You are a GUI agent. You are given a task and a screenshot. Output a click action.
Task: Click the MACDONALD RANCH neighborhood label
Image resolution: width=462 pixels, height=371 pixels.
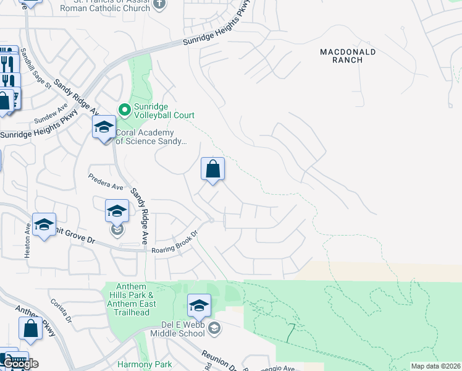[348, 57]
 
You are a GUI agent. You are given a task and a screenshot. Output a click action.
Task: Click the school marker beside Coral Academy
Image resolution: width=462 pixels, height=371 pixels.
[104, 128]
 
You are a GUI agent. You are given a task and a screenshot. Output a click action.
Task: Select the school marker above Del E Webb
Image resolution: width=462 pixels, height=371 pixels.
[199, 306]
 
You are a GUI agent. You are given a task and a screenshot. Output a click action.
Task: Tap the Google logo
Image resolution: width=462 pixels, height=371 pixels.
[20, 364]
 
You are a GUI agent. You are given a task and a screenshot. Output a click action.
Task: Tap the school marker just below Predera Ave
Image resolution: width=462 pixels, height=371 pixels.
[117, 211]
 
